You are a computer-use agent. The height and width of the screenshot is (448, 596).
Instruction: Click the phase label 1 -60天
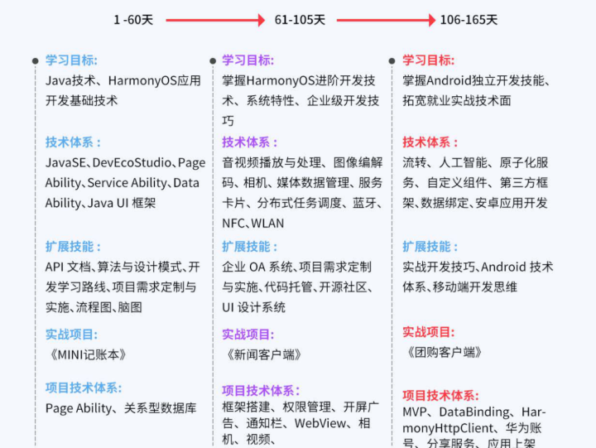point(133,19)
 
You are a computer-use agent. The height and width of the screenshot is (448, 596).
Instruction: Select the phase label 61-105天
point(299,19)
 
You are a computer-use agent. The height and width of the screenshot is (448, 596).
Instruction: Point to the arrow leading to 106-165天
point(386,20)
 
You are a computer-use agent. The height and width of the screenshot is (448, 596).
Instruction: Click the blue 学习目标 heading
point(71,60)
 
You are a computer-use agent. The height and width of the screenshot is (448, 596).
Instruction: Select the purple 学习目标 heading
point(248,60)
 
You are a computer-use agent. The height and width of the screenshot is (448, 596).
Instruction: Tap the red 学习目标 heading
point(428,60)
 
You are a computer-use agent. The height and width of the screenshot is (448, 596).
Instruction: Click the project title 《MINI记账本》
point(88,354)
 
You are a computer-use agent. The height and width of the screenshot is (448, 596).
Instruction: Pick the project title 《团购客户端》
point(445,352)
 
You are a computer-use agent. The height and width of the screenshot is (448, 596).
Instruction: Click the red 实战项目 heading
point(429,332)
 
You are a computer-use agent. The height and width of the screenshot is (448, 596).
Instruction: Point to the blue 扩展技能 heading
point(73,247)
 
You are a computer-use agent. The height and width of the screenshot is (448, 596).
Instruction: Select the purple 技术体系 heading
point(249,142)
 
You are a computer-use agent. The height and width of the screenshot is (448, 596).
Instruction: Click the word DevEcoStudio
point(131,163)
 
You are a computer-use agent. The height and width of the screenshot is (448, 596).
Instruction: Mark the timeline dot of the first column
point(35,60)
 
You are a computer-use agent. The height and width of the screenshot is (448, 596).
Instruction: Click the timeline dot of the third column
point(392,60)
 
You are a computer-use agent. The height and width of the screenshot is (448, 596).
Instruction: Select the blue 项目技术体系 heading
point(83,388)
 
